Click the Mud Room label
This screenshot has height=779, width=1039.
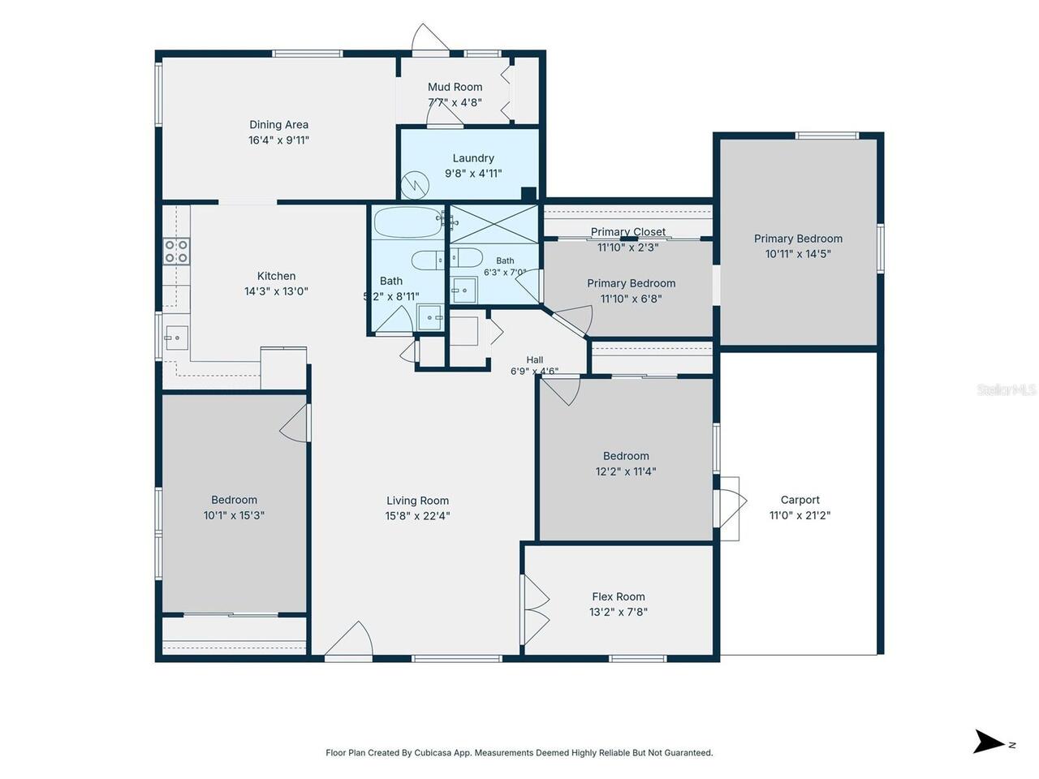[x=455, y=87]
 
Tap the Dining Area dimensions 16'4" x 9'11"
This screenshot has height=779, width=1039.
[x=278, y=140]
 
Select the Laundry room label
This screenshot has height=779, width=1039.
[x=473, y=158]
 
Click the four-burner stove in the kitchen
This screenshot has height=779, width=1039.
[x=177, y=252]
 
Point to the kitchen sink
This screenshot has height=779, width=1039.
[x=177, y=338]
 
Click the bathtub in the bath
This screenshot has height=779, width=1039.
[x=408, y=222]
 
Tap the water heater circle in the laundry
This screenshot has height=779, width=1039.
[x=415, y=185]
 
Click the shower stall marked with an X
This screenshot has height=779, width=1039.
[x=494, y=224]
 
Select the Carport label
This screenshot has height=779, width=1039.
[x=800, y=500]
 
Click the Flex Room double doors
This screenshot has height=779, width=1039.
[x=536, y=609]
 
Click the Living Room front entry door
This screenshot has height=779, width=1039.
[x=349, y=639]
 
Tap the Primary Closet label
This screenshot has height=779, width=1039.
[x=628, y=232]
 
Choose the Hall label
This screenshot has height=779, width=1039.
[x=534, y=360]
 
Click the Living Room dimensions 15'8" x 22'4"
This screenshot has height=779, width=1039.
[x=417, y=515]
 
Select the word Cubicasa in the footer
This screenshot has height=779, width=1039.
[x=432, y=752]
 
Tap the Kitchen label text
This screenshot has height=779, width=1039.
[x=276, y=276]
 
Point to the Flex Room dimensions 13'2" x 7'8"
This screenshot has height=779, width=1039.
[x=619, y=612]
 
